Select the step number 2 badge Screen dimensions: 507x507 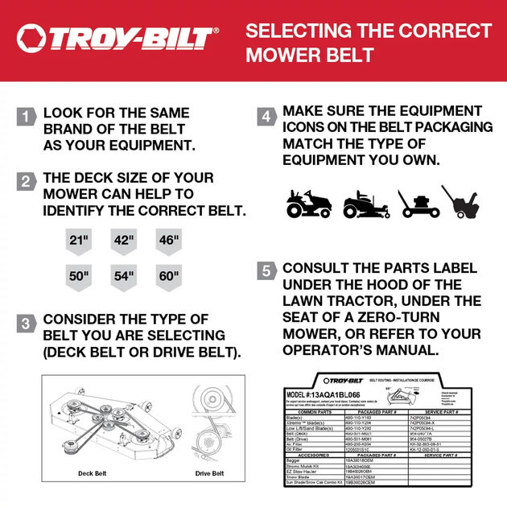pos(26,181)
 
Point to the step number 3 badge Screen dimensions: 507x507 pos(26,324)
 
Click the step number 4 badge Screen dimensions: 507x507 pos(266,116)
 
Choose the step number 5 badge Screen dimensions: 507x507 pos(266,270)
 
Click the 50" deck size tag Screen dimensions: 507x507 pos(79,276)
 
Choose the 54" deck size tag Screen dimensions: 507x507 pos(124,276)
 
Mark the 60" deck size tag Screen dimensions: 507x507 pos(169,276)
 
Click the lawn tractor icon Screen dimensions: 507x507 pos(310,204)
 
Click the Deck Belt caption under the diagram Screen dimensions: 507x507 pos(92,473)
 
